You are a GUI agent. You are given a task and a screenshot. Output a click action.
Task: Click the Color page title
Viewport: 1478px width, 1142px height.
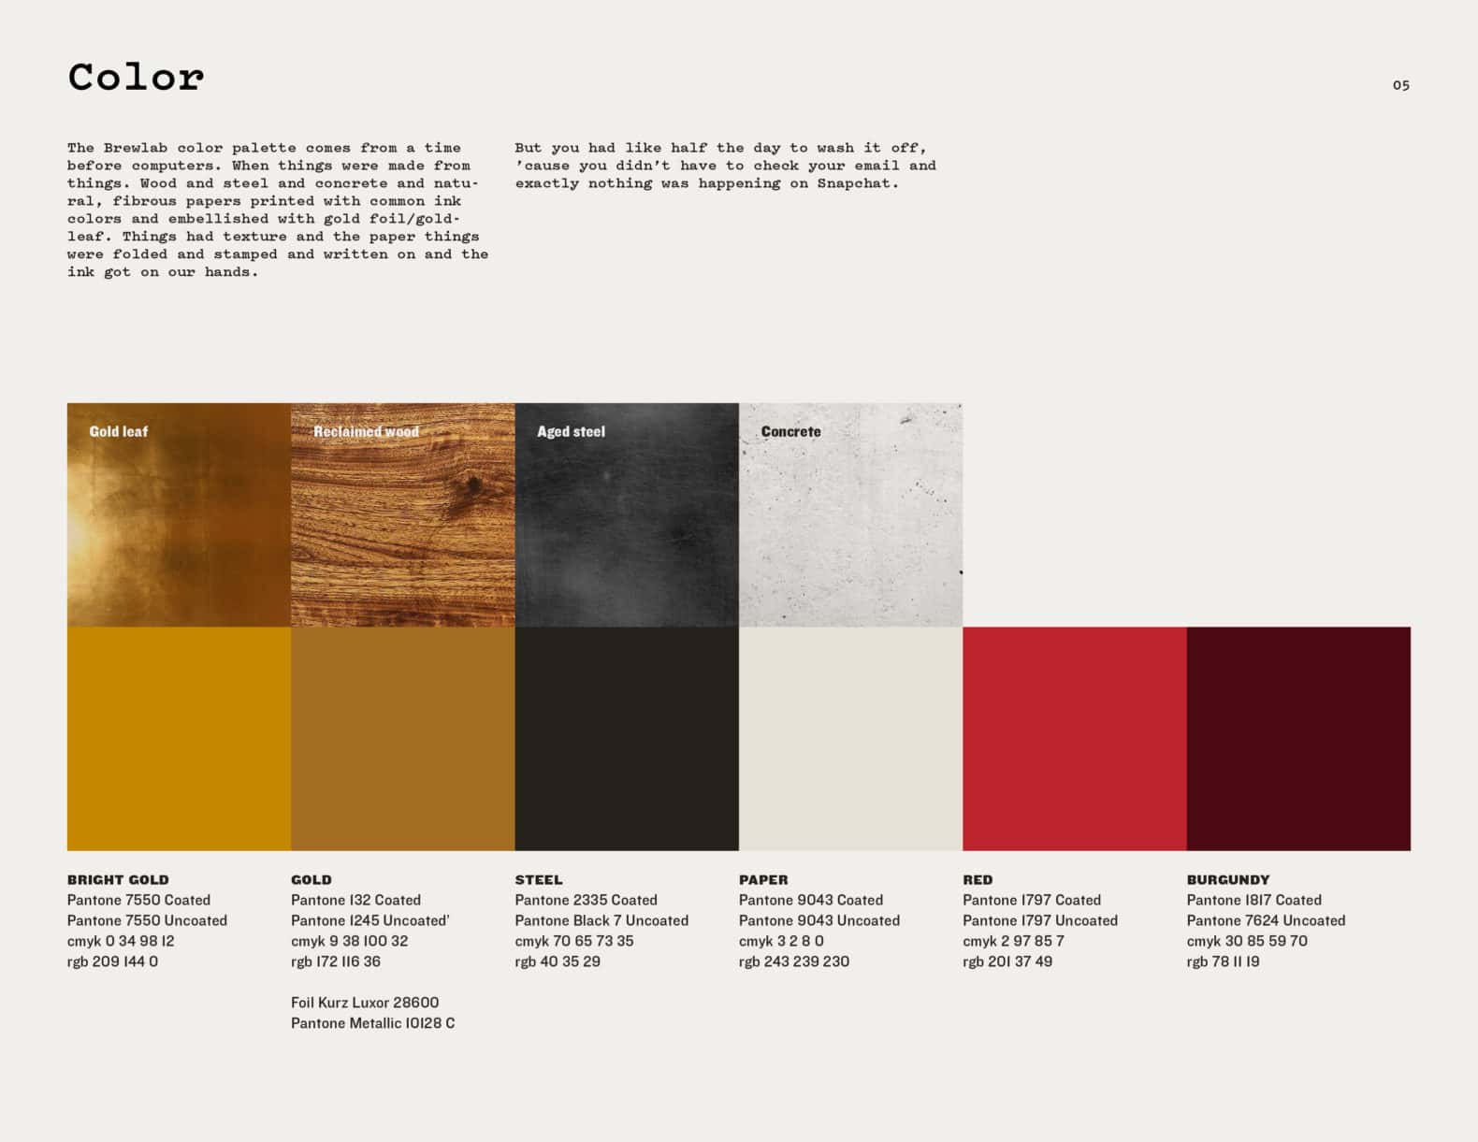(136, 77)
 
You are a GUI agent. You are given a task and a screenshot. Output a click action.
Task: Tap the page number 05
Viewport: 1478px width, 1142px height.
(1401, 85)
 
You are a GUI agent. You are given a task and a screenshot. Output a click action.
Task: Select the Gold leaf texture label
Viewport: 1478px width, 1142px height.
(119, 432)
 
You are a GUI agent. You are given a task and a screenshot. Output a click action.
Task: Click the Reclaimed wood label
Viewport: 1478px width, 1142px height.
(366, 432)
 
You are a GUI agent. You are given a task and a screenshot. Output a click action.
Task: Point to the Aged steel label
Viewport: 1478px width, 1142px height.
(571, 432)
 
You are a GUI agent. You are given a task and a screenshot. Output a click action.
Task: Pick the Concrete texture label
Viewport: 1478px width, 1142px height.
(791, 432)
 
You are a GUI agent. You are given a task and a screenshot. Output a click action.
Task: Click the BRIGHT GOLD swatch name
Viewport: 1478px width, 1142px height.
(119, 879)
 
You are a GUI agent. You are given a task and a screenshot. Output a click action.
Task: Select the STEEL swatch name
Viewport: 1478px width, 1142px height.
(539, 879)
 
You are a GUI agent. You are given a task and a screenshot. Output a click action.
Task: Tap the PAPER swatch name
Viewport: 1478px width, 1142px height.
(764, 879)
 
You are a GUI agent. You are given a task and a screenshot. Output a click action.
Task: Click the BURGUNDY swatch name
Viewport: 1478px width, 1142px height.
(1228, 879)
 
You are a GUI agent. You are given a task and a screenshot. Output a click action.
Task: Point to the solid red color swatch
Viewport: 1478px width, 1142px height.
(1075, 739)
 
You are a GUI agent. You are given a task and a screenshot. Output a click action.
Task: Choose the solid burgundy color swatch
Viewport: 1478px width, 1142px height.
(1299, 739)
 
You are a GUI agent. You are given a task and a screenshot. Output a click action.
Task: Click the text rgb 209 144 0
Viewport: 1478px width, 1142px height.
(113, 961)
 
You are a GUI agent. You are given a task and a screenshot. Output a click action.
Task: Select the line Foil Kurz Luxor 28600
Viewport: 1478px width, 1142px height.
(365, 1003)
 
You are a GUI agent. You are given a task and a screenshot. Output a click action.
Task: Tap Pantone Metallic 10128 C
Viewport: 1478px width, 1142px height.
(372, 1023)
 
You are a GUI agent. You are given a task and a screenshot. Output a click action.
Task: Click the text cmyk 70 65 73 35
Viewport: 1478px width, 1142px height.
(574, 942)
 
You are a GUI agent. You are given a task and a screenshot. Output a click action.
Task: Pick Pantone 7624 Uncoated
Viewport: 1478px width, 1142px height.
(1266, 920)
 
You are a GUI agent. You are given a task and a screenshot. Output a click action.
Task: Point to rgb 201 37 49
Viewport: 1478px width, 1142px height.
(1007, 961)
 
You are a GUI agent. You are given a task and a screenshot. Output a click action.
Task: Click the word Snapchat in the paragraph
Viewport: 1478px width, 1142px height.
(859, 183)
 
